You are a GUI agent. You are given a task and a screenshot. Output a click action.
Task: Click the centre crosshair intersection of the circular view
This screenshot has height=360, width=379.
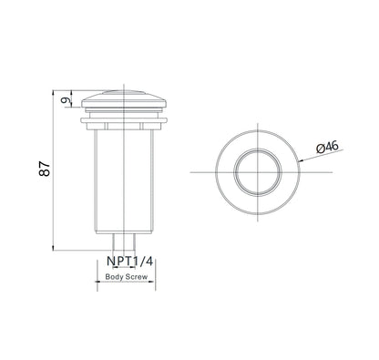(252, 172)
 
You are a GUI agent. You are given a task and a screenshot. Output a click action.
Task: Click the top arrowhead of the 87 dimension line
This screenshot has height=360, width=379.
(54, 91)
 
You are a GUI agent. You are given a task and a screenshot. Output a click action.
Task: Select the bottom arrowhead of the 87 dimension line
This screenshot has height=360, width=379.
(54, 248)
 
